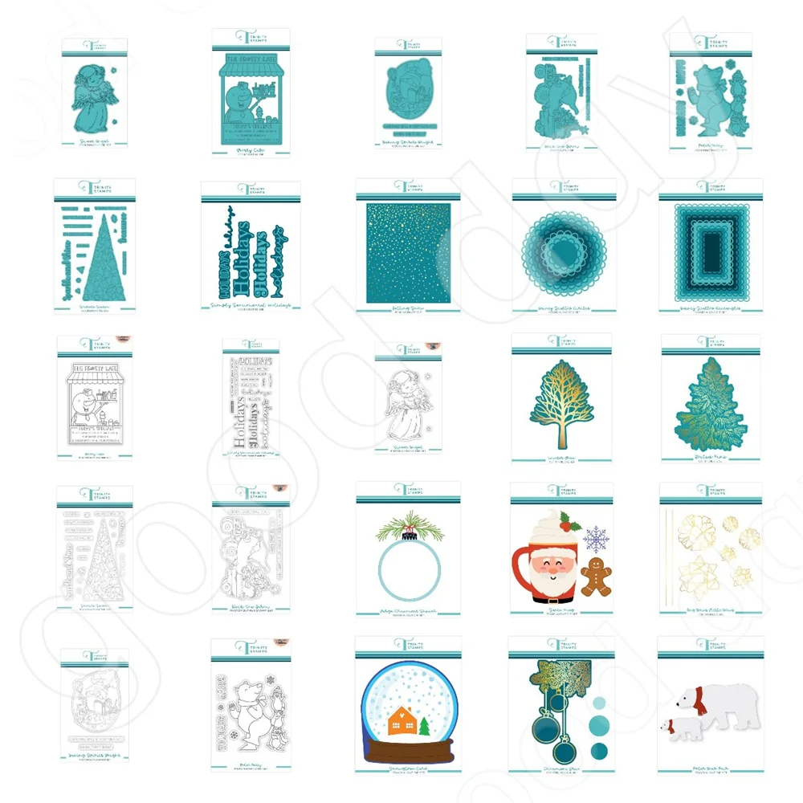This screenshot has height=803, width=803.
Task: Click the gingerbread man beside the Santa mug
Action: (596, 577)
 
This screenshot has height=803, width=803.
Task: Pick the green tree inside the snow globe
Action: (423, 727)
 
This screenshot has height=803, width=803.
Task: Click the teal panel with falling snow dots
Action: (408, 253)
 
